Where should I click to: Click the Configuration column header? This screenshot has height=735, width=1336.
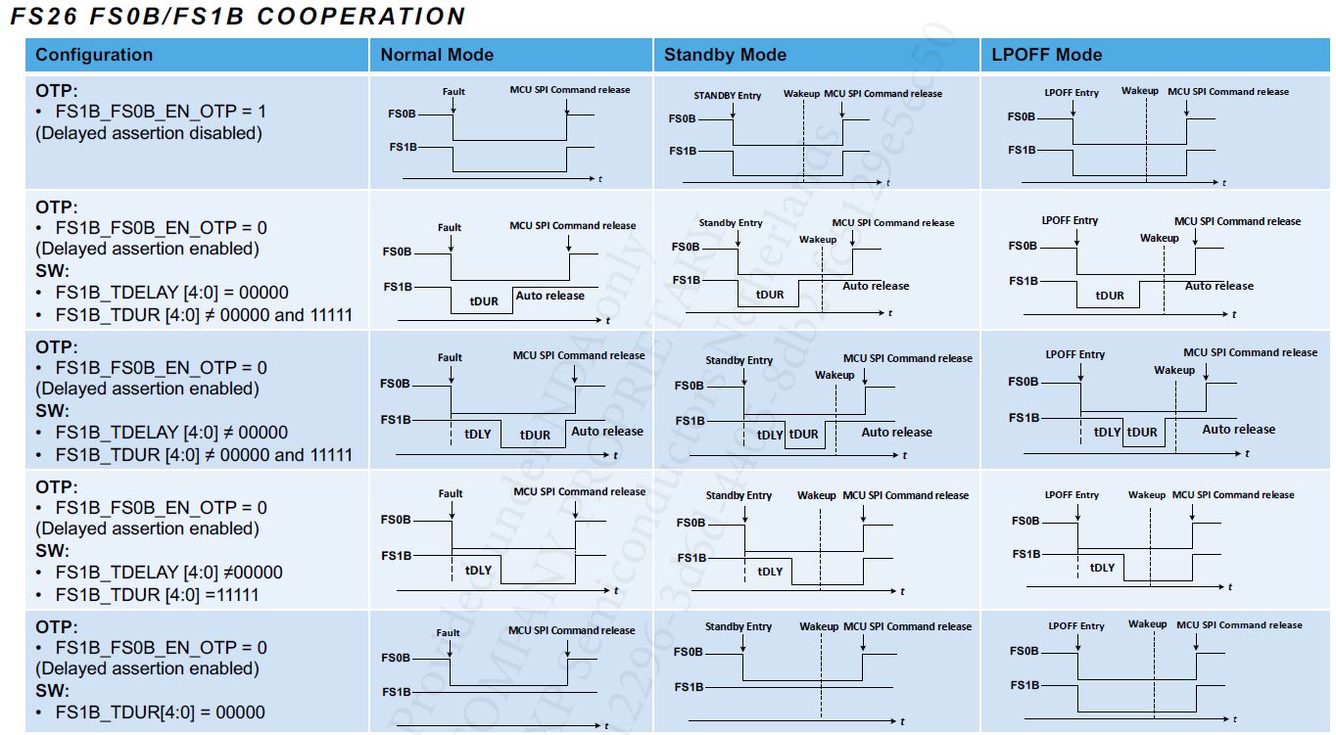[94, 55]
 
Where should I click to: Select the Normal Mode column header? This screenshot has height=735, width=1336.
[437, 55]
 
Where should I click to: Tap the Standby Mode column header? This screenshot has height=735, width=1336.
[725, 55]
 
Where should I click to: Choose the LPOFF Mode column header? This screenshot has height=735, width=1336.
[1046, 55]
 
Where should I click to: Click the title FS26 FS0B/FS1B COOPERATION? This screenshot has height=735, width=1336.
[238, 17]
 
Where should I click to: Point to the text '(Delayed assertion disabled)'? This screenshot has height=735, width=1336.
[149, 133]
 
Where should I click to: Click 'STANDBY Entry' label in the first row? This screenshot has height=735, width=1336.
[727, 96]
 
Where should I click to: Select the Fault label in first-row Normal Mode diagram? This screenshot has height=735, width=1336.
[453, 92]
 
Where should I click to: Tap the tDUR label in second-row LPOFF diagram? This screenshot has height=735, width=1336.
[1110, 295]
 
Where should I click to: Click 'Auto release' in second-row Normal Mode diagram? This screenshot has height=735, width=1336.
[549, 296]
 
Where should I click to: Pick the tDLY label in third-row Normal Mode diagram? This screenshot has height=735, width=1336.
[478, 434]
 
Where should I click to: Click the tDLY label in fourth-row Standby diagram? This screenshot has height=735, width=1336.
[771, 572]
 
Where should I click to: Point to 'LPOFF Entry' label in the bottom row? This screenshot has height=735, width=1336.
[1075, 626]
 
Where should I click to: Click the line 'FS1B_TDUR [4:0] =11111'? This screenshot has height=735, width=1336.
[157, 594]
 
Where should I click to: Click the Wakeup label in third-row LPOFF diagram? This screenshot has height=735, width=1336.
[1173, 370]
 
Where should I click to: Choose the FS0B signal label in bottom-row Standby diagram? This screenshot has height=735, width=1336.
[689, 652]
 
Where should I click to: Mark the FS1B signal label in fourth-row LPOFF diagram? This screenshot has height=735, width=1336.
[1026, 554]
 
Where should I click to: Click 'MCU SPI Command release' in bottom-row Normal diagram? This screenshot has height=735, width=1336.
[571, 630]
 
